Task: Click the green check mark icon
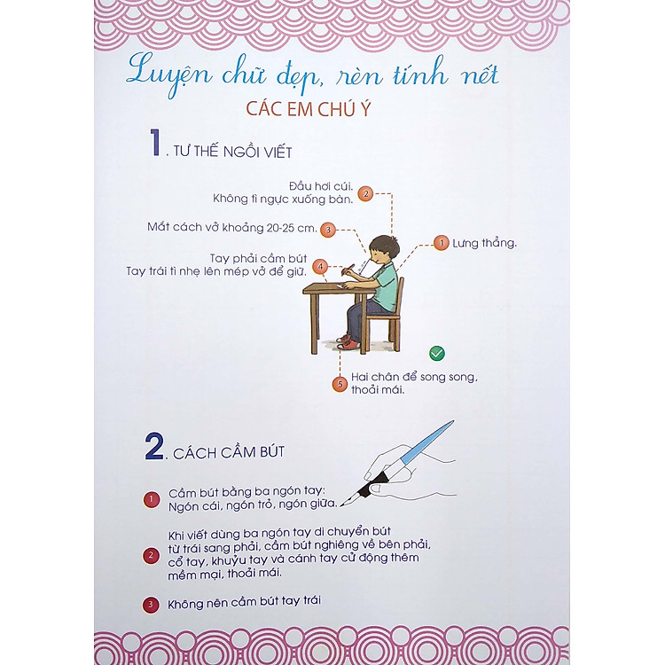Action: click(x=437, y=353)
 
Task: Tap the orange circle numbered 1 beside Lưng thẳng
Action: click(x=441, y=243)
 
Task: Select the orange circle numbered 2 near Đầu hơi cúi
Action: click(x=365, y=194)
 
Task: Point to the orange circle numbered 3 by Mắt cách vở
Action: click(x=328, y=230)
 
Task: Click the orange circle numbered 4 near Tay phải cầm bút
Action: click(x=321, y=267)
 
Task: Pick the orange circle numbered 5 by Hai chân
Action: click(x=340, y=384)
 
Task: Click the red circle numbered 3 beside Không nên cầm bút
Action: click(x=150, y=605)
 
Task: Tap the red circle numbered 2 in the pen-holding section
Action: click(x=151, y=556)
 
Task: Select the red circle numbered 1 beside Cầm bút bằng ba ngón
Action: click(x=152, y=499)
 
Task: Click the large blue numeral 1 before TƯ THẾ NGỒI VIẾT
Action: click(x=156, y=143)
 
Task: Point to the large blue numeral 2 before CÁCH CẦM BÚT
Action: click(x=154, y=446)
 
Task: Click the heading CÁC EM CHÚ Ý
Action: click(x=309, y=108)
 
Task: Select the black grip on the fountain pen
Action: click(x=373, y=482)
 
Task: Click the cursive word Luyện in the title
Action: click(x=168, y=76)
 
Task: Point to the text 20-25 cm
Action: click(x=292, y=228)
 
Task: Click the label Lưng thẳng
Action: click(x=484, y=243)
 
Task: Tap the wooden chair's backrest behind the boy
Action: click(x=400, y=296)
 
